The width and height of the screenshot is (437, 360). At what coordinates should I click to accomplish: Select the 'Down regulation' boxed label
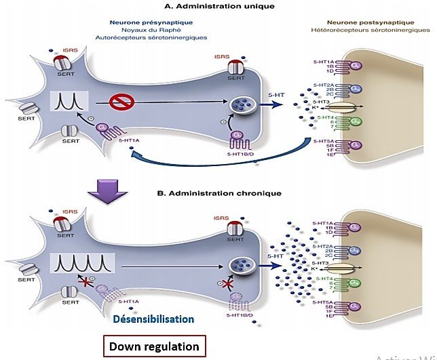point(155,346)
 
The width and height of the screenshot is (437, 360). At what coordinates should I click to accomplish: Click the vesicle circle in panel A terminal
point(242,105)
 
